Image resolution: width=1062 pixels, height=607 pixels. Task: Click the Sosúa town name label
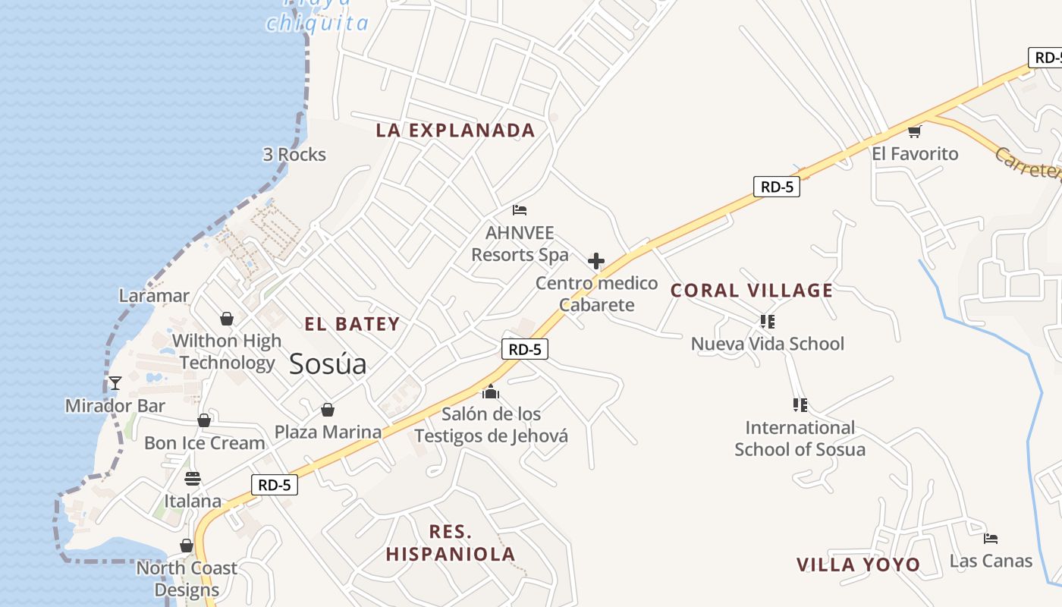(328, 365)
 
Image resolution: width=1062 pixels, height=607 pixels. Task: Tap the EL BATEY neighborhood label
(352, 325)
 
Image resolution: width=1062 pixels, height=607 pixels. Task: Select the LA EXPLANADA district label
(455, 131)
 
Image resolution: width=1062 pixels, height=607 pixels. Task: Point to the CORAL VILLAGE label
(752, 291)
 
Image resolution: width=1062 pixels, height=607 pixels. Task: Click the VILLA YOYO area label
(858, 565)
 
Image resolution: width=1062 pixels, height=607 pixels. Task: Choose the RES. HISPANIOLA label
(451, 543)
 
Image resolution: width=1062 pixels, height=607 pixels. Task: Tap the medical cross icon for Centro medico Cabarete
(596, 262)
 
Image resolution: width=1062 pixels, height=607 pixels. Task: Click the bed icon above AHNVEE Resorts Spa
(520, 210)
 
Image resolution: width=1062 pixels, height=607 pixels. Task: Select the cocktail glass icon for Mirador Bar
(115, 383)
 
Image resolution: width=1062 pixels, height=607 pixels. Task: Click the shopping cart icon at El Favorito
(914, 132)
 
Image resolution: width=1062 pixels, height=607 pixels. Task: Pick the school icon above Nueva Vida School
(767, 322)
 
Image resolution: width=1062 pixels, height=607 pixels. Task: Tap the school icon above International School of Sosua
(800, 405)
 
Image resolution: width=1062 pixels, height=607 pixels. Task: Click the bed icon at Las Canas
(990, 539)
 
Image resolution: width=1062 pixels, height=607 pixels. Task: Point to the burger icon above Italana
(193, 479)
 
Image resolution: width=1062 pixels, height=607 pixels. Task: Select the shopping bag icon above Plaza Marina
(328, 410)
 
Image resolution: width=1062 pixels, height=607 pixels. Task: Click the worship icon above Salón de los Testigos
(491, 392)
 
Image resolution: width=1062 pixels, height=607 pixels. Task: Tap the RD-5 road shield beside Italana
(274, 486)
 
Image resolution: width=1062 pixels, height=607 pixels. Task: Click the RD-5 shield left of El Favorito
(776, 187)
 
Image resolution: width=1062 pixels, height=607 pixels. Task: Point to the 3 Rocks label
(294, 155)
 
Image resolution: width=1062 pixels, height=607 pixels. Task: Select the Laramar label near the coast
(154, 296)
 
